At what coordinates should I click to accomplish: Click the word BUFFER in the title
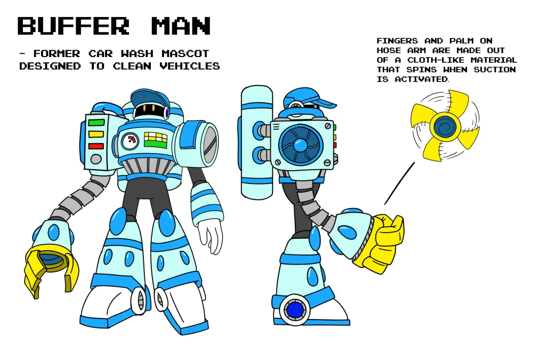coord(73,26)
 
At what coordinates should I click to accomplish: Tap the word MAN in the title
coord(181,26)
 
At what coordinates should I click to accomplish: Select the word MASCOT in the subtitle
coord(186,54)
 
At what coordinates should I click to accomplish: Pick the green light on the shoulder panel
coord(96,123)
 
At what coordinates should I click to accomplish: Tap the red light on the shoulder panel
coord(96,146)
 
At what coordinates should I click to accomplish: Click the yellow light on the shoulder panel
coord(96,134)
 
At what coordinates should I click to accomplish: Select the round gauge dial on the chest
coord(131,141)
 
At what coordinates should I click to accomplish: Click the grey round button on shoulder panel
coord(96,159)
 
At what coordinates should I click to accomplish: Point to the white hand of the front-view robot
coord(210,236)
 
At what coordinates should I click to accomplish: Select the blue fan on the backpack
coord(300,145)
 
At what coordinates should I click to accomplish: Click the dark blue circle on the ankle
coord(295,310)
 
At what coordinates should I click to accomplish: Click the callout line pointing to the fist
coord(399,183)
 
